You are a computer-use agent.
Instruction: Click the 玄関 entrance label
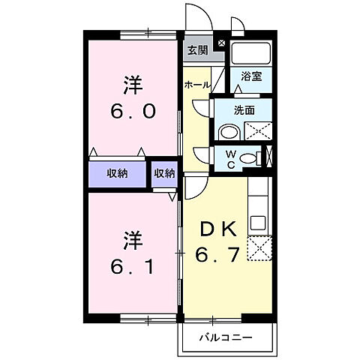198,51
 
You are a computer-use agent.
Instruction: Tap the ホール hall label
196,85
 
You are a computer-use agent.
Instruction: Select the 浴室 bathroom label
251,76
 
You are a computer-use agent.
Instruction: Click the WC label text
231,158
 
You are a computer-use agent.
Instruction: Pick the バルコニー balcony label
226,337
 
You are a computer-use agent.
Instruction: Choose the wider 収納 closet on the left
116,173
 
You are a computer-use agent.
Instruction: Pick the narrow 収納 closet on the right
164,173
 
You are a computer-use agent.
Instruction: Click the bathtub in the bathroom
251,54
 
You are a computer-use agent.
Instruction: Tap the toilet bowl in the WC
257,158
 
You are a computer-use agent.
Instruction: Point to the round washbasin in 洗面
229,132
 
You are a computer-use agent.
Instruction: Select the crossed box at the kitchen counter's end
257,248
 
